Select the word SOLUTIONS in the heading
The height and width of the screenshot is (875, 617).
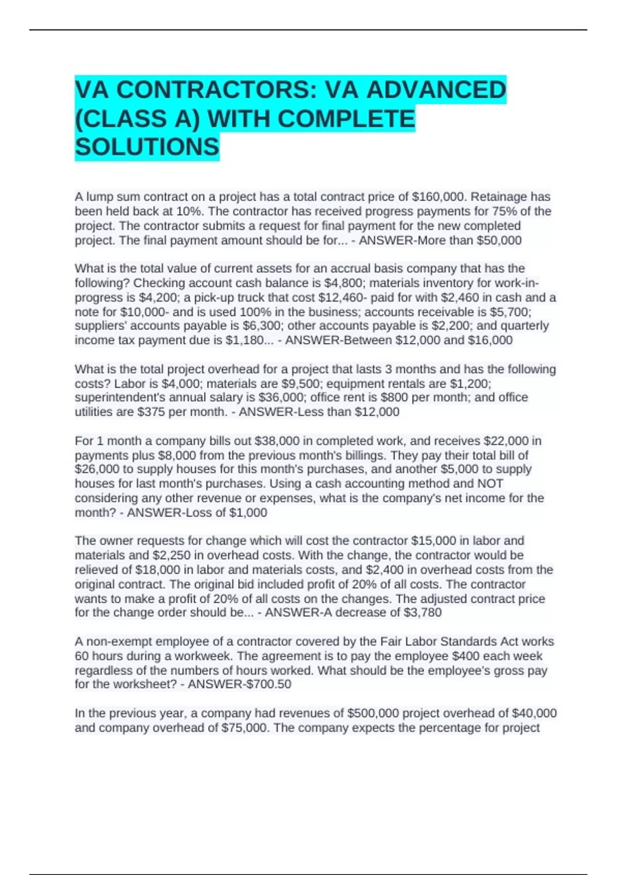[x=147, y=147]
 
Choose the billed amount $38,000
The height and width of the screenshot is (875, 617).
[x=277, y=441]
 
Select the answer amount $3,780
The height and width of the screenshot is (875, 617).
[x=423, y=612]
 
